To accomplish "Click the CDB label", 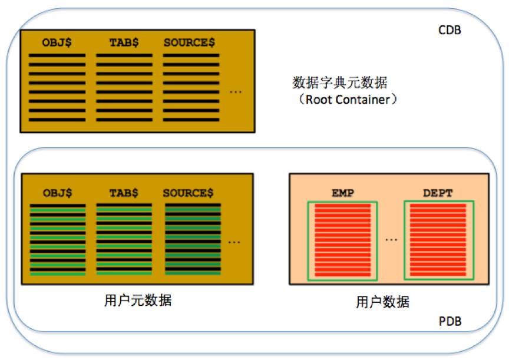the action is click(x=449, y=30).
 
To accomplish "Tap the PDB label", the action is click(x=450, y=321).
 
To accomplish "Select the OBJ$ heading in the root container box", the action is click(x=57, y=42).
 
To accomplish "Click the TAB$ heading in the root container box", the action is click(x=124, y=42).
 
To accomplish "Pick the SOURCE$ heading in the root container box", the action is click(x=189, y=42).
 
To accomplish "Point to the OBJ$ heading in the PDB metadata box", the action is click(x=58, y=193).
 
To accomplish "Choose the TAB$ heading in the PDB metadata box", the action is click(x=124, y=193).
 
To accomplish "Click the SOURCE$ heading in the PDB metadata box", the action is click(x=189, y=193).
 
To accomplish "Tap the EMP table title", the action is click(x=343, y=193).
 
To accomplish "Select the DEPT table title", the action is click(x=438, y=193).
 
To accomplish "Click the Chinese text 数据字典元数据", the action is click(x=340, y=82).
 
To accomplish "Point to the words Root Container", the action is click(x=348, y=100).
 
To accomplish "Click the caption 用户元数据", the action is click(x=138, y=300).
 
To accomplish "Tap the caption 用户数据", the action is click(x=383, y=302).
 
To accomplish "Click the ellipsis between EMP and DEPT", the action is click(x=391, y=240).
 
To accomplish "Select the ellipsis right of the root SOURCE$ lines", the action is click(x=236, y=92).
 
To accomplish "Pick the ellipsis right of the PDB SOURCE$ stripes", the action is click(x=234, y=242).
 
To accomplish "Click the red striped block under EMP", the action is click(x=342, y=240).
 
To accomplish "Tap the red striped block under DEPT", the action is click(x=438, y=240).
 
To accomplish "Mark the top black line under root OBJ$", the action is click(x=57, y=55).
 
